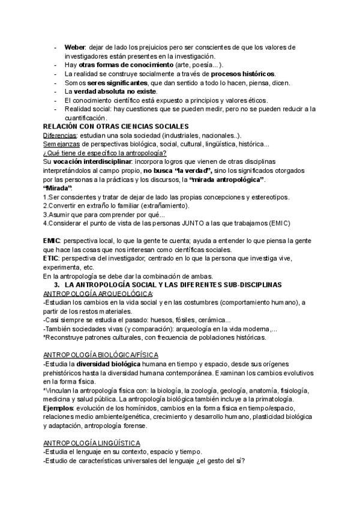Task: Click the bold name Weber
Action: point(75,47)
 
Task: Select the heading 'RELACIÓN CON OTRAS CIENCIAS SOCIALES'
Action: point(116,127)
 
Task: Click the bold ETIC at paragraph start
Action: point(51,258)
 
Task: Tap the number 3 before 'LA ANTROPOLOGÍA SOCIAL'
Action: point(56,284)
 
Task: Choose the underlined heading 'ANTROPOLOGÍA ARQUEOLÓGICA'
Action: point(98,293)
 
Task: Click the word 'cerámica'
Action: point(208,319)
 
